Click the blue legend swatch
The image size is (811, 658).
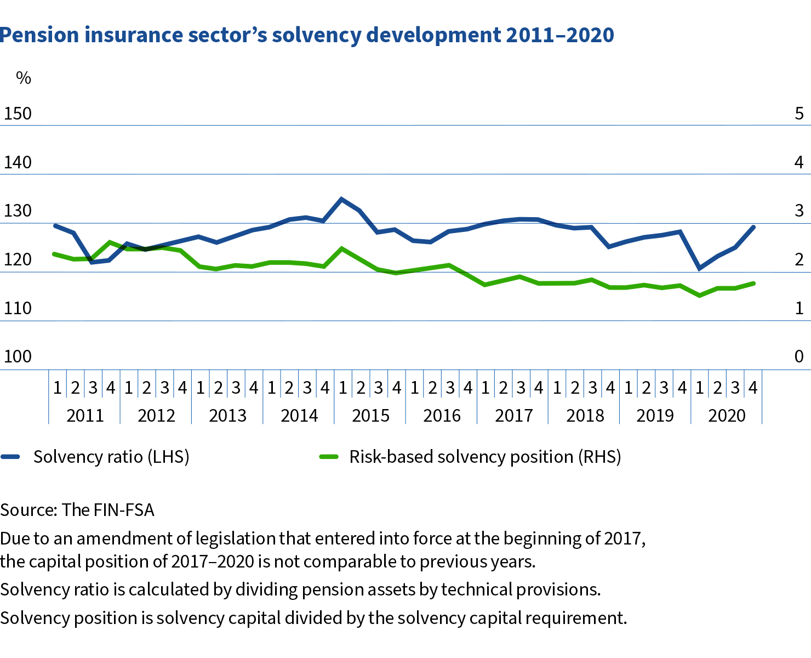pyautogui.click(x=10, y=456)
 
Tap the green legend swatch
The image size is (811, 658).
pyautogui.click(x=329, y=456)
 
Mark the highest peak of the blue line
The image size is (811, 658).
pyautogui.click(x=341, y=198)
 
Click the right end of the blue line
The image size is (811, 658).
pyautogui.click(x=754, y=226)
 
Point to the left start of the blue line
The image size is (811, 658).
pyautogui.click(x=54, y=225)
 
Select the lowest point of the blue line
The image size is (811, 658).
pyautogui.click(x=699, y=269)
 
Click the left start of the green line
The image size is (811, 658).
pyautogui.click(x=53, y=254)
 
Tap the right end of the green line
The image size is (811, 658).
pyautogui.click(x=755, y=283)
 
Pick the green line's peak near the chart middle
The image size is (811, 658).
pyautogui.click(x=342, y=248)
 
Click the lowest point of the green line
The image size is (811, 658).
pyautogui.click(x=699, y=296)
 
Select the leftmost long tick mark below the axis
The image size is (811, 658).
pyautogui.click(x=49, y=396)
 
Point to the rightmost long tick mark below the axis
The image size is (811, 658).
pyautogui.click(x=762, y=396)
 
